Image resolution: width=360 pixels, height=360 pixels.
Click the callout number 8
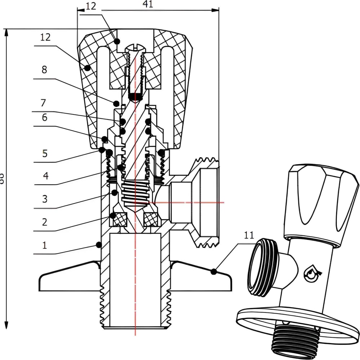point(44,70)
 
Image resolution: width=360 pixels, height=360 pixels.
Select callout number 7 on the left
point(44,103)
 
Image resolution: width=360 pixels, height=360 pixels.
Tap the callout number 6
point(44,117)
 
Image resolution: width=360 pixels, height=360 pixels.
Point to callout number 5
point(44,153)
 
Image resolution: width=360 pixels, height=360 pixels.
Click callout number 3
point(44,199)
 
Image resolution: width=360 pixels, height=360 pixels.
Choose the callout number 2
point(44,222)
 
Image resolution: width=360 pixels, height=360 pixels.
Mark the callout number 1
point(44,246)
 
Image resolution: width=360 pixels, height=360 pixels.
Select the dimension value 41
point(148,4)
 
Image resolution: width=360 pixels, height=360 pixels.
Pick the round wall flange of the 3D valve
point(295,324)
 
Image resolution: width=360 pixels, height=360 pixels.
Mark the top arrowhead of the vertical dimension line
point(6,33)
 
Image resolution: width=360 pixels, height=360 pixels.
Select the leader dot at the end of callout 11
point(215,271)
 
